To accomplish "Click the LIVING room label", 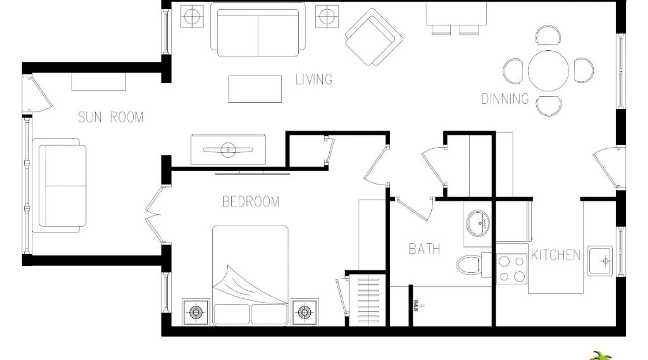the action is (314, 80).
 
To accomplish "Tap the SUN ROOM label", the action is (111, 117).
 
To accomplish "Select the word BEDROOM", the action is (251, 202).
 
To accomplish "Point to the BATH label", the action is (424, 249).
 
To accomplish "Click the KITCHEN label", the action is (555, 255).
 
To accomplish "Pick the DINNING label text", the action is (505, 99).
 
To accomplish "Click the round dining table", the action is (548, 71).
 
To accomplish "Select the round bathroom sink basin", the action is (478, 223).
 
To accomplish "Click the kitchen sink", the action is (600, 261).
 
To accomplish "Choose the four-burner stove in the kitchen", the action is (512, 269).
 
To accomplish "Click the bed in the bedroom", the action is (250, 275).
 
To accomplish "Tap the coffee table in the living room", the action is (255, 89).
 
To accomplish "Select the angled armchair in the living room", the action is (374, 37).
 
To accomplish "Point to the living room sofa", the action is (258, 30).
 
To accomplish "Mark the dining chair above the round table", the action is (548, 35).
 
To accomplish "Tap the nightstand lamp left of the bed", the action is (195, 312).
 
